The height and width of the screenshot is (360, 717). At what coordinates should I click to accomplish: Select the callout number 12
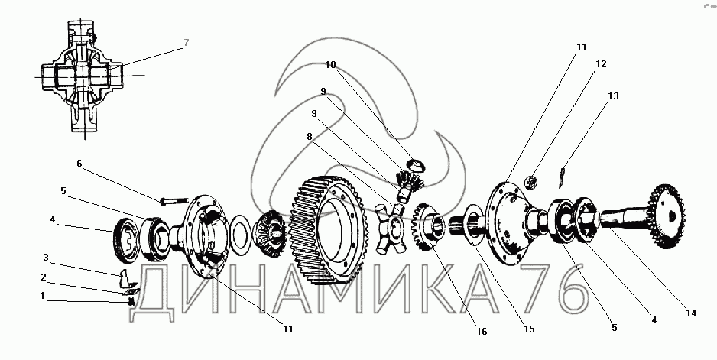(x=601, y=64)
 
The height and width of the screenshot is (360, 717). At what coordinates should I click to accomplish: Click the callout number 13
(x=613, y=96)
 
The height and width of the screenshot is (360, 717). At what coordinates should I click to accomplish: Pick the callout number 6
(x=78, y=163)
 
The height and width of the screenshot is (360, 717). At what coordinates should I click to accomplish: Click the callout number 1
(x=43, y=295)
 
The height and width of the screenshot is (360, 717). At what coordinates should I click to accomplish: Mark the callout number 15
(x=529, y=329)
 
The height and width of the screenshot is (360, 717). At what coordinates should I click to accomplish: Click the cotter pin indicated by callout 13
(x=563, y=175)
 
